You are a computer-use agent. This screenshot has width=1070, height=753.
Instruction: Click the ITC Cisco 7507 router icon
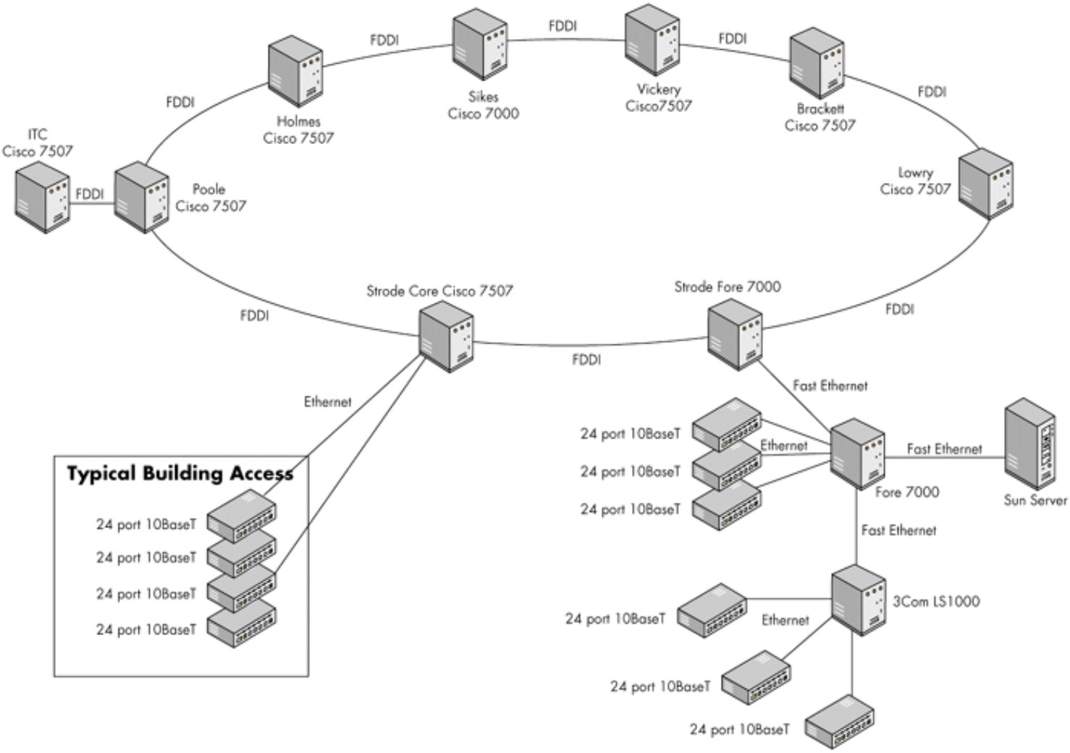pos(42,197)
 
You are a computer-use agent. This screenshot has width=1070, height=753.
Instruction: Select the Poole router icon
pos(141,197)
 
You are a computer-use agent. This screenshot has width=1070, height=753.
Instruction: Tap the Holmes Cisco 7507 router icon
pos(295,72)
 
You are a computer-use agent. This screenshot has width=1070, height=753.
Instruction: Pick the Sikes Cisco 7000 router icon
pos(480,44)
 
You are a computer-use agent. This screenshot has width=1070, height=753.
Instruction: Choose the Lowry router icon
pos(985,183)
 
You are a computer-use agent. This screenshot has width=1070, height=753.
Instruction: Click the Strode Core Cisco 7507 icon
pos(447,336)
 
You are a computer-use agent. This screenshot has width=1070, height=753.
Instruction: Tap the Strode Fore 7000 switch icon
pos(735,334)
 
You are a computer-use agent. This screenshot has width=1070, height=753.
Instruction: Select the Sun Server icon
pos(1029,446)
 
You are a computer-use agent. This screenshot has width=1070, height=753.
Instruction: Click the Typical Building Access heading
pos(180,474)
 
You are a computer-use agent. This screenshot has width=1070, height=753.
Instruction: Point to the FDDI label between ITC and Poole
pos(90,194)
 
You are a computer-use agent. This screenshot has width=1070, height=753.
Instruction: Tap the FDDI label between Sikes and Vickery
pos(563,26)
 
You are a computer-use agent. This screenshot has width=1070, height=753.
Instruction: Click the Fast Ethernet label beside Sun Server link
pos(944,449)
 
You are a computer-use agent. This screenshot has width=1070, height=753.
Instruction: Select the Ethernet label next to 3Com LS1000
pos(785,620)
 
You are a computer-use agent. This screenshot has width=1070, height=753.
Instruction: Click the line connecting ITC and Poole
pos(92,203)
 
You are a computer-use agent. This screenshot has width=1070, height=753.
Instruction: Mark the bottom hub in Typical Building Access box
pos(242,624)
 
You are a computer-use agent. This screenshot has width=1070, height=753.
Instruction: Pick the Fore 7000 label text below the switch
pos(906,492)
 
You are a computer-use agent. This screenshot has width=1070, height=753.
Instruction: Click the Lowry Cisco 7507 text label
pos(915,181)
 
